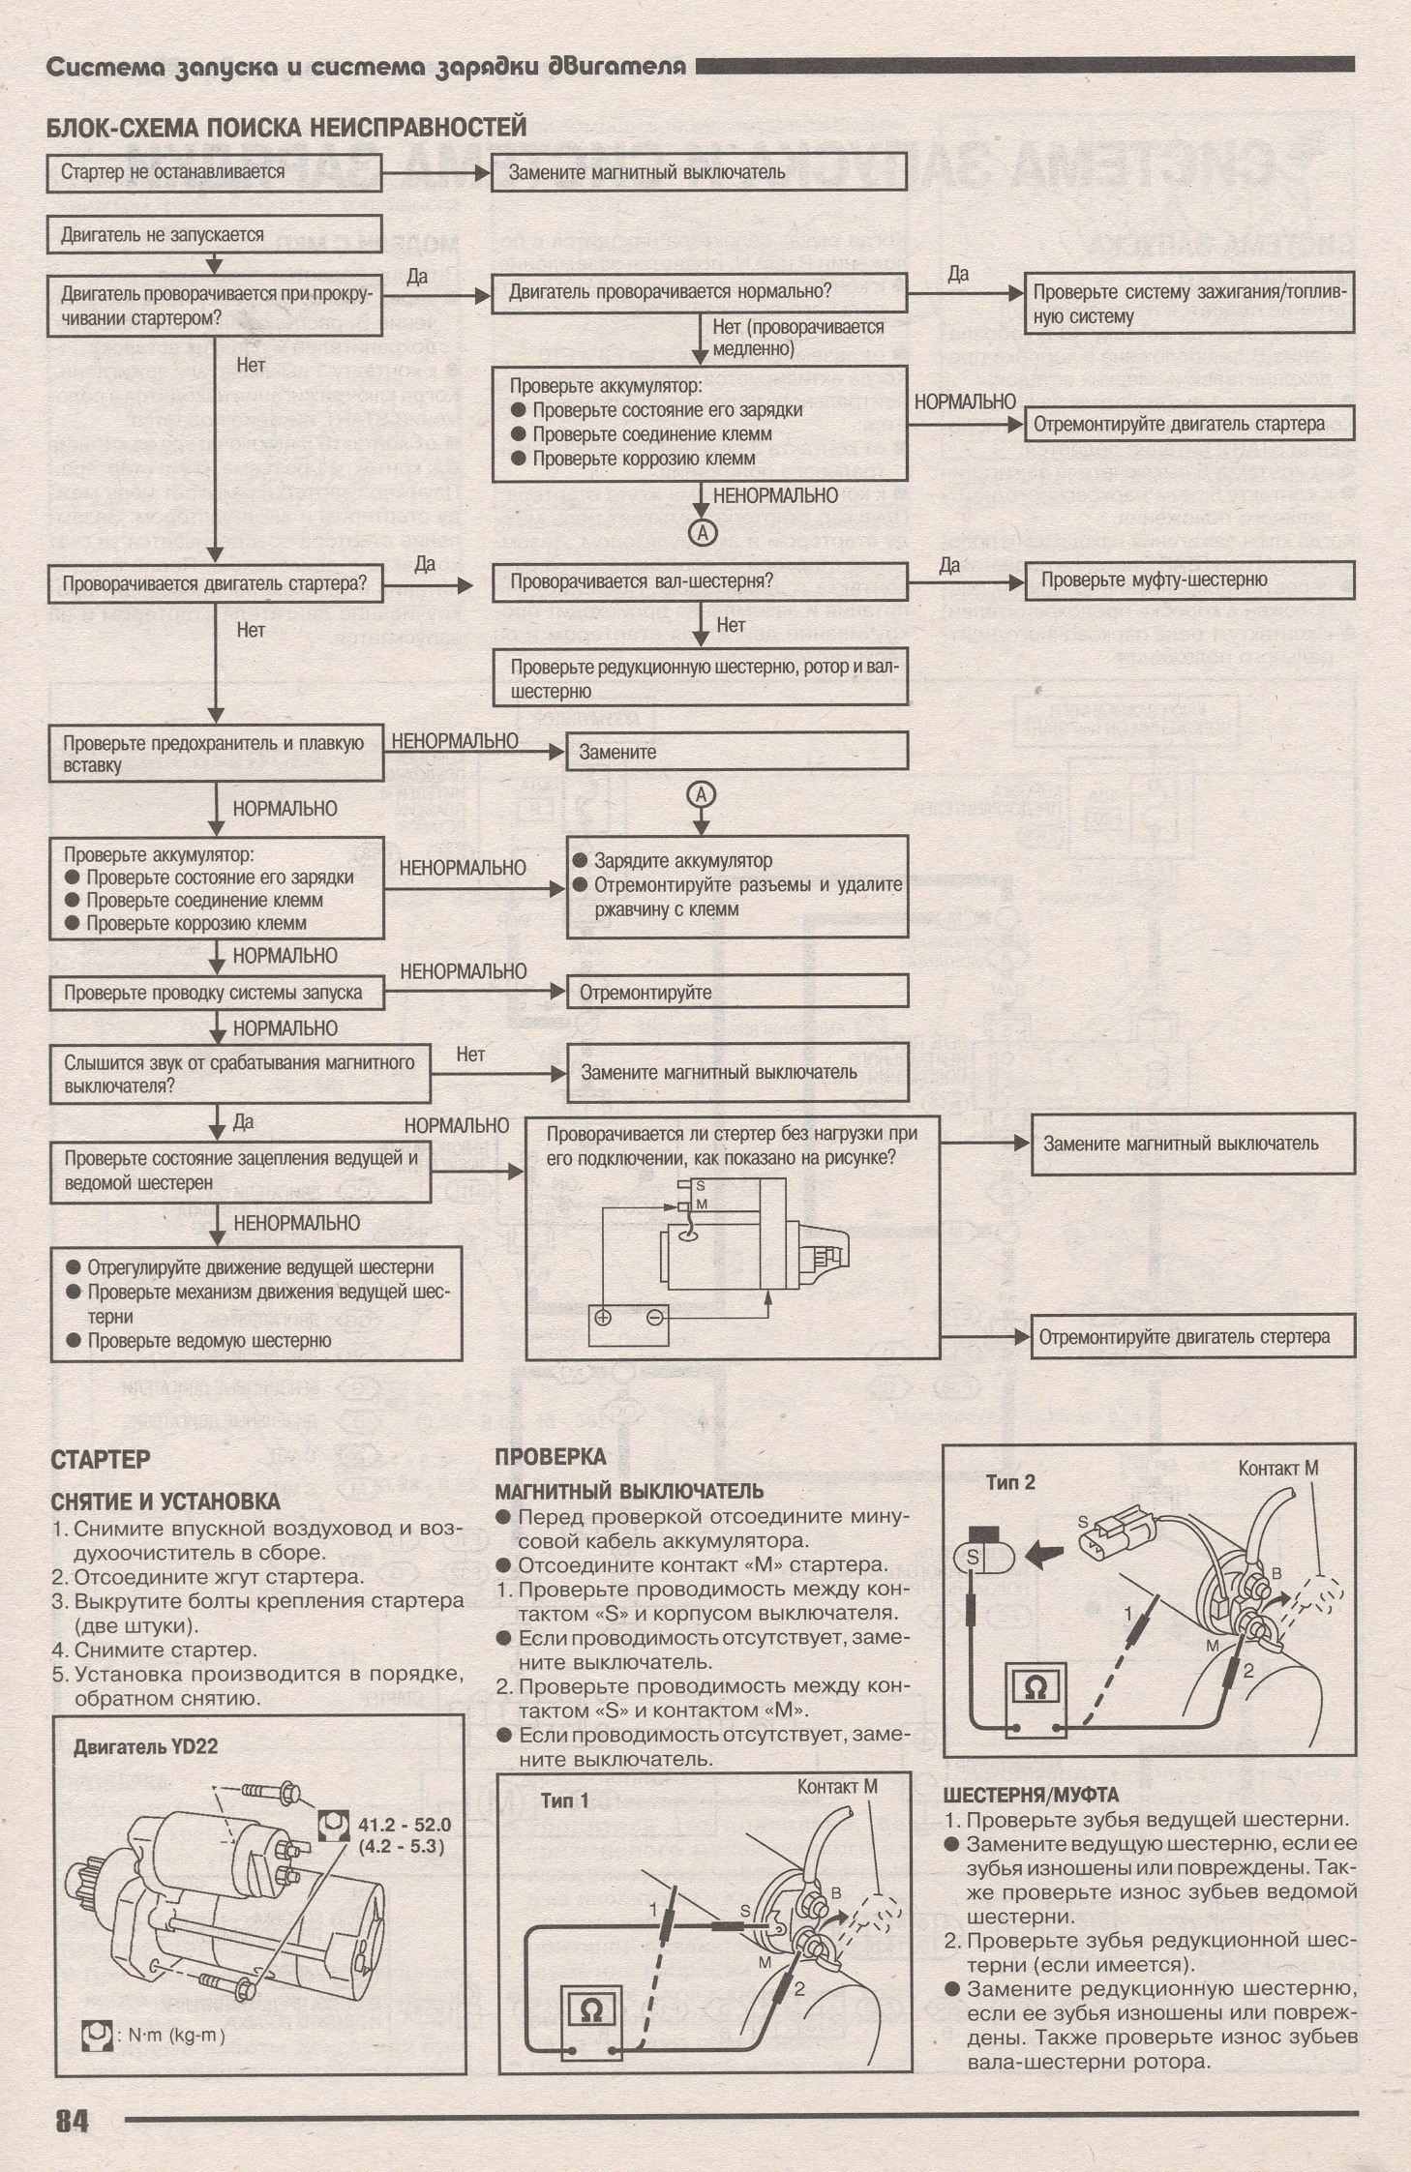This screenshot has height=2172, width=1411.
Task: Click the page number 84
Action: (72, 2121)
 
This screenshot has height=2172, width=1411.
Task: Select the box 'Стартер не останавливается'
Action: (214, 172)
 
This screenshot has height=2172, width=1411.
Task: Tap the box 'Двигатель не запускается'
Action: (214, 235)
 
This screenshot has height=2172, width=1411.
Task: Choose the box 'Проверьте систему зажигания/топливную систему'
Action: (1188, 304)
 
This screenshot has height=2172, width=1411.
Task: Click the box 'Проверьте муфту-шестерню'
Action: (1188, 580)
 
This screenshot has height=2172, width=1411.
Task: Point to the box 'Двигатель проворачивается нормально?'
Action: (699, 291)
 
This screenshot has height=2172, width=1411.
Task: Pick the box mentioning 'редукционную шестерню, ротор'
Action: (699, 678)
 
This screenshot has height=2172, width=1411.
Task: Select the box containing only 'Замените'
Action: (736, 751)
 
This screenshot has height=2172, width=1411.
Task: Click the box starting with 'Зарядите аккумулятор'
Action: (736, 885)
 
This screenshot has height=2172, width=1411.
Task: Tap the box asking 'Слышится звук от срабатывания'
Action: (240, 1074)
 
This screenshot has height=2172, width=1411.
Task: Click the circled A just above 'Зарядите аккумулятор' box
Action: (701, 795)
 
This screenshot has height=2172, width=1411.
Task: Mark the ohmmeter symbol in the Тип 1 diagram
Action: (589, 2009)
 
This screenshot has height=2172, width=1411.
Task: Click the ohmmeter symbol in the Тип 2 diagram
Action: (1035, 1688)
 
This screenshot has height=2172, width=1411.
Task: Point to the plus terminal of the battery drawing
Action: (603, 1317)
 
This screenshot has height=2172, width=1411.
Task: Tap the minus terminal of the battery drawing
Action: (655, 1317)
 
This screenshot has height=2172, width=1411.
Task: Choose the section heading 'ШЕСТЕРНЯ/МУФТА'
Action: (1030, 1796)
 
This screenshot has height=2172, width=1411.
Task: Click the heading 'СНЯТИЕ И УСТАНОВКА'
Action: (165, 1502)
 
